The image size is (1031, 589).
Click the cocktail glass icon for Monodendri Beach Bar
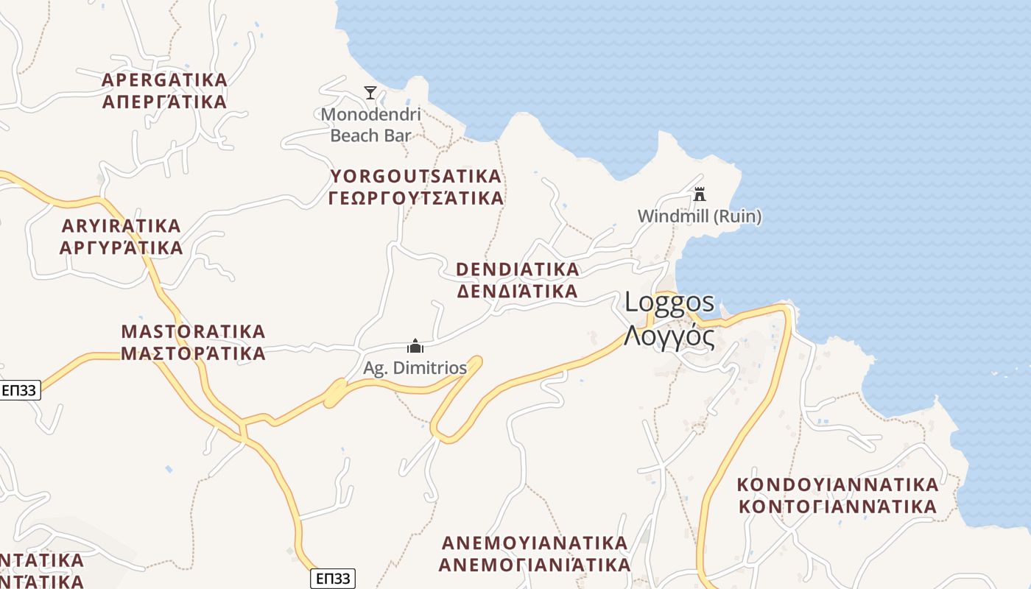[x=370, y=93]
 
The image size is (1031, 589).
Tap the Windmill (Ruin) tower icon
[x=700, y=194]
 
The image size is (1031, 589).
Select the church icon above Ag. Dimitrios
[x=415, y=346]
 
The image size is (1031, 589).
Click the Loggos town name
[x=669, y=302]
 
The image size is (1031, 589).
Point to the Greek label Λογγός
[x=669, y=336]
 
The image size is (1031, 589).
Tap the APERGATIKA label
[x=164, y=80]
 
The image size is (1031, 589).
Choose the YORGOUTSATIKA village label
[x=416, y=177]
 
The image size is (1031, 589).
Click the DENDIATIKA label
[x=518, y=269]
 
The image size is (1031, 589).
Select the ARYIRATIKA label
[x=122, y=225]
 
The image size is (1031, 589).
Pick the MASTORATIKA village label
[x=193, y=331]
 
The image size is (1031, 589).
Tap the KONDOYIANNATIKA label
[x=838, y=485]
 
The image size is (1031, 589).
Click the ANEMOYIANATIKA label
[x=535, y=543]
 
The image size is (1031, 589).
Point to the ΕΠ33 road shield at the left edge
[x=20, y=390]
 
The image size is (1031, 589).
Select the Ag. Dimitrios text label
[x=415, y=367]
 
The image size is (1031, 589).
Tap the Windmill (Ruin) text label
[x=700, y=216]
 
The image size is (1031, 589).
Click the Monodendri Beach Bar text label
[x=370, y=125]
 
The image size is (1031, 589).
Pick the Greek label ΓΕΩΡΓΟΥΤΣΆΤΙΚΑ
[x=416, y=198]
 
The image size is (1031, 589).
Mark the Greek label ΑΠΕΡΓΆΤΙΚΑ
[x=164, y=102]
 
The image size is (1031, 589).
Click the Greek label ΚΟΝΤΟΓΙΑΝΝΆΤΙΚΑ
[x=838, y=507]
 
